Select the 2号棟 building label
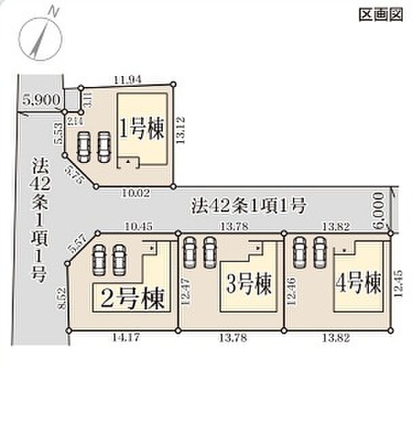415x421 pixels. [x=130, y=298]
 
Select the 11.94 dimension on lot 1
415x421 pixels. [x=129, y=79]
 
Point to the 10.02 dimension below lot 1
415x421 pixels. [x=136, y=193]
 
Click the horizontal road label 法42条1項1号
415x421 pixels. [x=250, y=203]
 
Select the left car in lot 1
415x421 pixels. [x=84, y=145]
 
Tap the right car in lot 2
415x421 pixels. [x=119, y=258]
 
